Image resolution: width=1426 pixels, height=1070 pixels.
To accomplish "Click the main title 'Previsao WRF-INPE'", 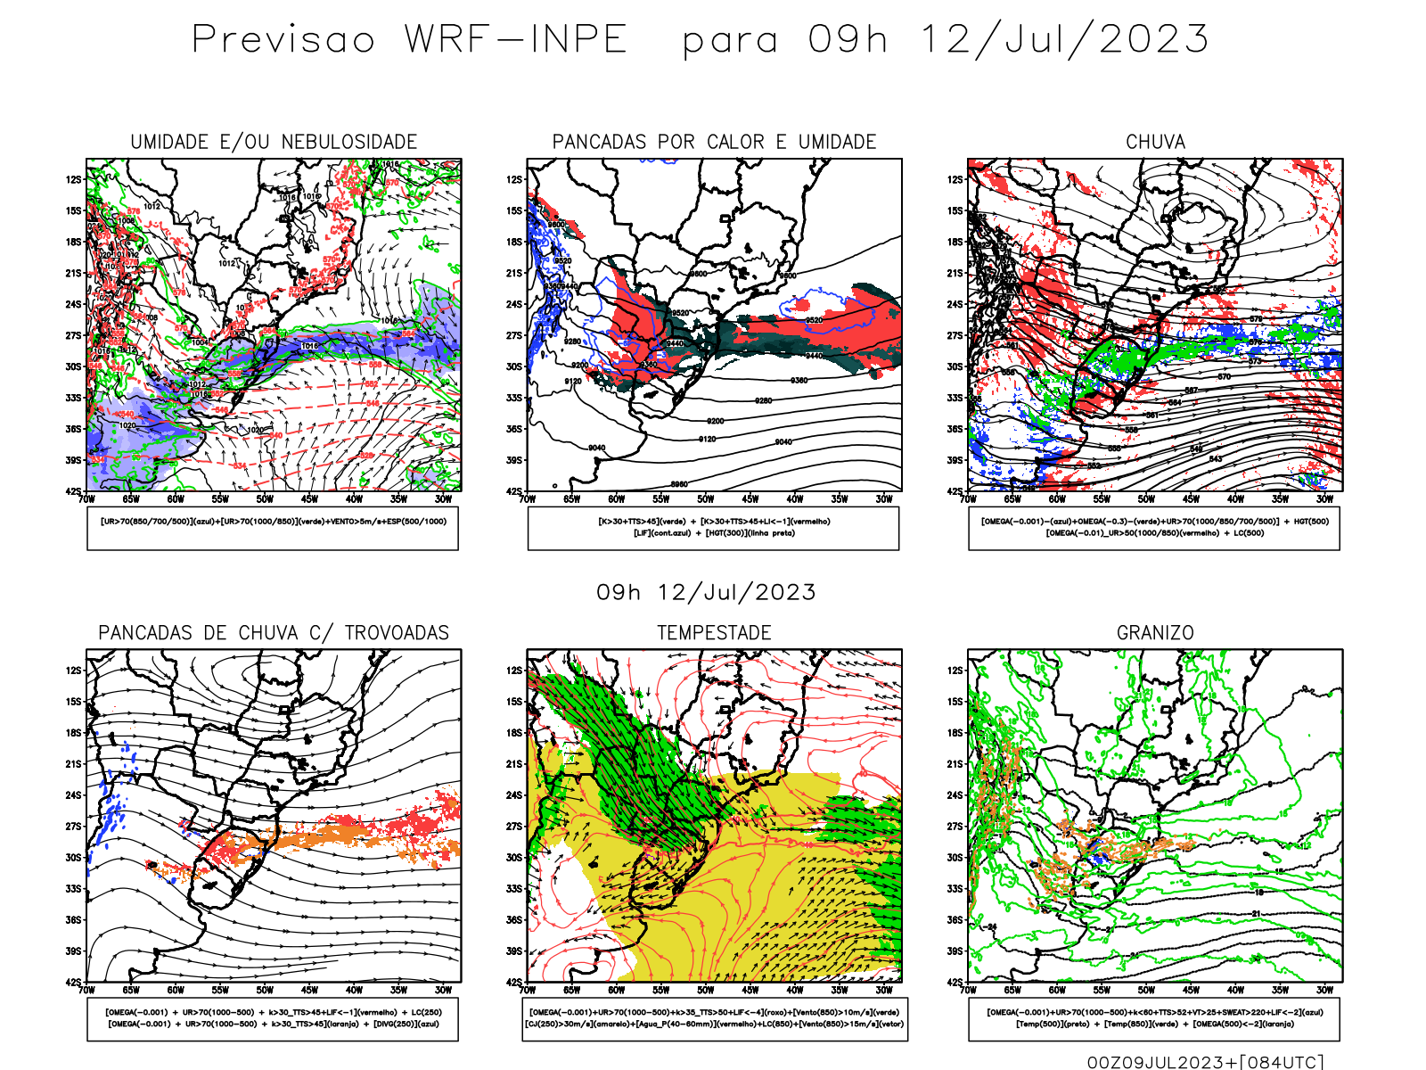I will (410, 40).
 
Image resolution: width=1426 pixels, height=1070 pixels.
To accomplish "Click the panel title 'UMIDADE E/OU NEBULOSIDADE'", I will (274, 142).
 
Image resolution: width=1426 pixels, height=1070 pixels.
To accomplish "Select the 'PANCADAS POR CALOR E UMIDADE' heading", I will (714, 142).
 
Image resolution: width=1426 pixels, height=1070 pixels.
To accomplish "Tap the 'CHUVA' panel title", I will (1155, 142).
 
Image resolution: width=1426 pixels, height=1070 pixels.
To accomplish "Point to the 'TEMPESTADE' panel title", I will (714, 633).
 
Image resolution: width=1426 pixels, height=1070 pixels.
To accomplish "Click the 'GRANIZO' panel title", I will (1155, 633).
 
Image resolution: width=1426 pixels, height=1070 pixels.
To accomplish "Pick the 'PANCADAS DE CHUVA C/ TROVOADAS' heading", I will (274, 633).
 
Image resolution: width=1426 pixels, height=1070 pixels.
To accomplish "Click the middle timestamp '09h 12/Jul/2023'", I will (706, 593).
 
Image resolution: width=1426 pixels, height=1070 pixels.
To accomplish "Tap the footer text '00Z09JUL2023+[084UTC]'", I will (1205, 1061).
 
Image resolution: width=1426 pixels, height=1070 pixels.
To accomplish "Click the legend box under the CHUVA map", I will (1154, 528).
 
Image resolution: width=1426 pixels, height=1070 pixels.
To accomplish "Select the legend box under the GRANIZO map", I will (1154, 1018).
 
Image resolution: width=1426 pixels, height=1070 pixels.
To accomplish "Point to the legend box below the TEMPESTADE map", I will (714, 1018).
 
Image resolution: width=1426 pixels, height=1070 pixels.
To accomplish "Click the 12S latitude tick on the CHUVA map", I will (955, 180).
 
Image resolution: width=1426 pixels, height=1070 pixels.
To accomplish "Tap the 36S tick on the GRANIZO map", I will (955, 920).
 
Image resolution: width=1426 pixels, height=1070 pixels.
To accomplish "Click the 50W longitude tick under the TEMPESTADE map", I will (705, 990).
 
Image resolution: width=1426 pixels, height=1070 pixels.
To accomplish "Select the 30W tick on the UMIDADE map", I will (443, 499).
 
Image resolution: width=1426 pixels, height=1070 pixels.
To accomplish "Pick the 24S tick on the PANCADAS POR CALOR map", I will (514, 305).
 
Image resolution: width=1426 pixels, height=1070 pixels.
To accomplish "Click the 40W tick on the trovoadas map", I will (354, 990).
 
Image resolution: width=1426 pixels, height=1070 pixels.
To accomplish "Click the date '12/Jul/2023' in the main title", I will (1064, 40).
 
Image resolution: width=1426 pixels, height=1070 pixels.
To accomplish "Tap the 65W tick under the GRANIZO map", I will (1012, 990).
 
